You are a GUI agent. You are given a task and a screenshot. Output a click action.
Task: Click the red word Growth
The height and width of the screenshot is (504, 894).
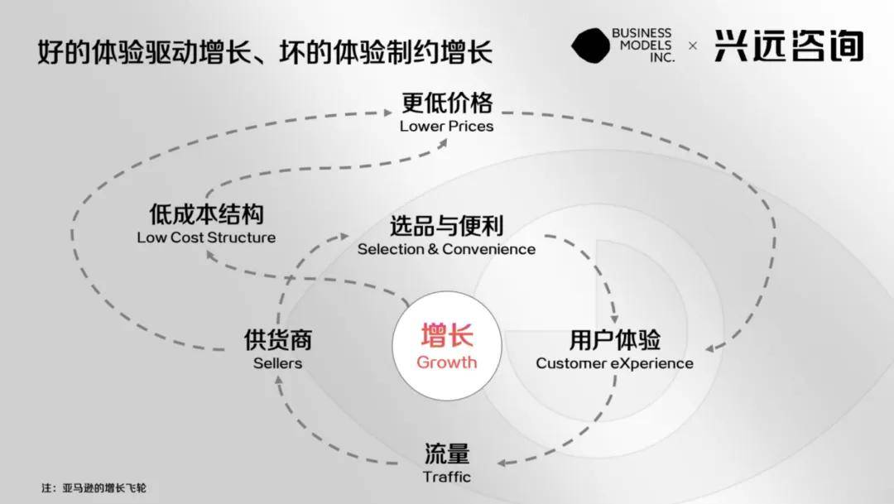[x=446, y=362]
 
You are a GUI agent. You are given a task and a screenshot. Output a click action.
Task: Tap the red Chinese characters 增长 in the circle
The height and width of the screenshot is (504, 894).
[x=446, y=337]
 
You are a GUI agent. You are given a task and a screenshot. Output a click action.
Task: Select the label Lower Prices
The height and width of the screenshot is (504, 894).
[x=446, y=127]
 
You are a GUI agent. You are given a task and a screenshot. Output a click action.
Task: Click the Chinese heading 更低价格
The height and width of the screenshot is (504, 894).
[x=446, y=103]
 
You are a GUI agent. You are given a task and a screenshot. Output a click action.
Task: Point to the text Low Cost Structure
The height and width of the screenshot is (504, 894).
[x=206, y=238]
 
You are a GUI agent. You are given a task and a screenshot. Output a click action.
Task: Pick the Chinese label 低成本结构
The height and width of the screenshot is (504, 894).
[x=206, y=215]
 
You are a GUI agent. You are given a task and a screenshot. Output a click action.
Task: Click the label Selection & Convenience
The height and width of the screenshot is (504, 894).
[x=446, y=249]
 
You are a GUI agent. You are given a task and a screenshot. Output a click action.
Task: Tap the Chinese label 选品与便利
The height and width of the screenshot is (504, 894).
[x=446, y=226]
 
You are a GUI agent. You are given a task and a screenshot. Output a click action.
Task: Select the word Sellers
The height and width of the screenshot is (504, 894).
[x=277, y=363]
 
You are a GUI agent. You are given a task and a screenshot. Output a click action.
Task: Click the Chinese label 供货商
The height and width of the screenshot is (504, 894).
[x=277, y=340]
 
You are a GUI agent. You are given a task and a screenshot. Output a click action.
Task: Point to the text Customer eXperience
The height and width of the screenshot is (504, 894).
[x=614, y=363]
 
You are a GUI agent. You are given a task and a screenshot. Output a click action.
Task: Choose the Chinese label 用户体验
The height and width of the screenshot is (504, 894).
[x=614, y=340]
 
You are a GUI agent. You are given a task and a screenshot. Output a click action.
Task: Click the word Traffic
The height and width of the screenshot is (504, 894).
[x=446, y=477]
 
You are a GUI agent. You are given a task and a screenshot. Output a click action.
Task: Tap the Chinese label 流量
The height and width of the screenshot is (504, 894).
[x=446, y=454]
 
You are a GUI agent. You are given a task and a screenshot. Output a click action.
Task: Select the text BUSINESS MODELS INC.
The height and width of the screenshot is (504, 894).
[x=642, y=46]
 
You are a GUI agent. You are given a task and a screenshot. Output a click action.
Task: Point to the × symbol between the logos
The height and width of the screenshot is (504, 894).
[x=693, y=46]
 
